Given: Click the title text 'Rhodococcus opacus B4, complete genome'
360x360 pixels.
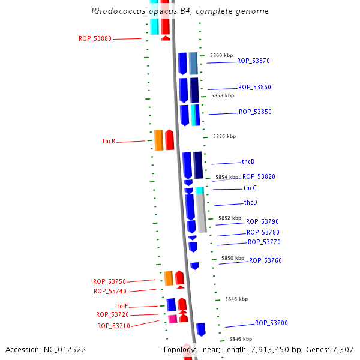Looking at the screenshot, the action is pyautogui.click(x=180, y=11).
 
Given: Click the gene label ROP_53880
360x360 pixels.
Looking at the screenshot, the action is pyautogui.click(x=95, y=39).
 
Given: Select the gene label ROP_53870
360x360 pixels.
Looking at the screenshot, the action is pyautogui.click(x=253, y=61).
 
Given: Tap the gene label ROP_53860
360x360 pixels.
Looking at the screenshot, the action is pyautogui.click(x=254, y=88).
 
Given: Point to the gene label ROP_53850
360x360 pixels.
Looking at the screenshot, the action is pyautogui.click(x=255, y=112).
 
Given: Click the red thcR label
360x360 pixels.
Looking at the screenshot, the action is pyautogui.click(x=109, y=142).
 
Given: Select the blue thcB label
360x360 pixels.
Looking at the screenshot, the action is pyautogui.click(x=248, y=162).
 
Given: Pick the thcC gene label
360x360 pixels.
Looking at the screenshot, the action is pyautogui.click(x=250, y=188).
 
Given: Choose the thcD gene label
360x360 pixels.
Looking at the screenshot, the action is pyautogui.click(x=250, y=203).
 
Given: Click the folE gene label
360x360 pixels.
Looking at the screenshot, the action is pyautogui.click(x=122, y=306).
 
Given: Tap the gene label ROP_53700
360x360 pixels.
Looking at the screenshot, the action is pyautogui.click(x=271, y=323).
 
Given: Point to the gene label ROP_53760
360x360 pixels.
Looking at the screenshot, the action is pyautogui.click(x=265, y=261).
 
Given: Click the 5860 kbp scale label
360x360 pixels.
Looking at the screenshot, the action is pyautogui.click(x=221, y=55).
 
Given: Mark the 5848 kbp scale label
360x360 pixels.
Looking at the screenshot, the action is pyautogui.click(x=236, y=299).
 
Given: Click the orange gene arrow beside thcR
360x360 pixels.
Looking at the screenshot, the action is pyautogui.click(x=158, y=140).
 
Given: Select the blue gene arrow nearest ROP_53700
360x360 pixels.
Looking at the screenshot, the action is pyautogui.click(x=201, y=329).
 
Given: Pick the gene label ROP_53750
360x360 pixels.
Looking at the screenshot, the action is pyautogui.click(x=109, y=282).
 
